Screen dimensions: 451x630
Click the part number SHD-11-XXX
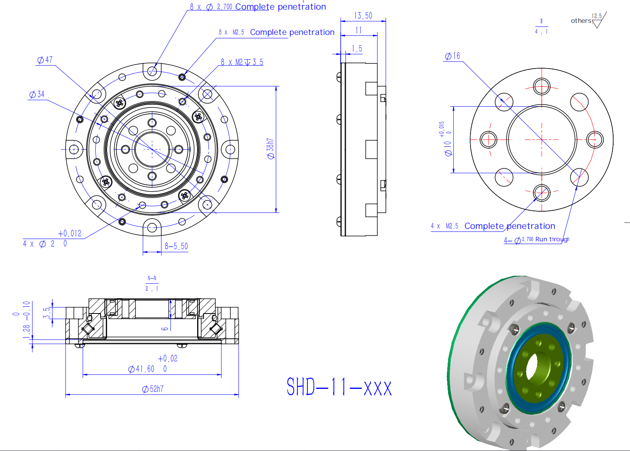pyautogui.click(x=339, y=387)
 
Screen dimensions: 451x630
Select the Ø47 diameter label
pyautogui.click(x=45, y=60)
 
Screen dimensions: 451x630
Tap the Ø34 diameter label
pyautogui.click(x=37, y=94)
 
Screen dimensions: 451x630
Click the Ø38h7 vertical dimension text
pyautogui.click(x=271, y=149)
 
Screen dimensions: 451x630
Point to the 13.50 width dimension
pyautogui.click(x=363, y=16)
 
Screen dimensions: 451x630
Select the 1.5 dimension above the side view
pyautogui.click(x=357, y=49)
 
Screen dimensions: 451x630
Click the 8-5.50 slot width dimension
pyautogui.click(x=176, y=246)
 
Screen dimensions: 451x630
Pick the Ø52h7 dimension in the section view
pyautogui.click(x=153, y=389)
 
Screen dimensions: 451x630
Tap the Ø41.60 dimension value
pyautogui.click(x=141, y=369)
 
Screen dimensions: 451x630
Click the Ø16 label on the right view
pyautogui.click(x=452, y=56)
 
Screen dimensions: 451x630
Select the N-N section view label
pyautogui.click(x=152, y=278)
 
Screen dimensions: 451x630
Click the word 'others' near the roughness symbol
pyautogui.click(x=581, y=21)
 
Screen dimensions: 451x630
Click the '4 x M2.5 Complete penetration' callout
pyautogui.click(x=493, y=226)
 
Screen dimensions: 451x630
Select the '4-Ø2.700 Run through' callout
pyautogui.click(x=536, y=239)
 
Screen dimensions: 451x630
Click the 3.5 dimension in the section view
pyautogui.click(x=47, y=313)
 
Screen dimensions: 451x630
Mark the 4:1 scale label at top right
pyautogui.click(x=541, y=32)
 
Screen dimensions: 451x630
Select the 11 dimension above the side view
pyautogui.click(x=359, y=30)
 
